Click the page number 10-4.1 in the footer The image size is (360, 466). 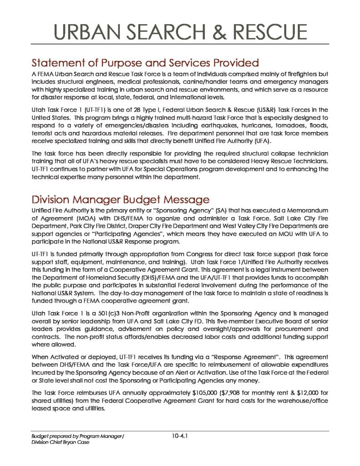click(180, 436)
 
